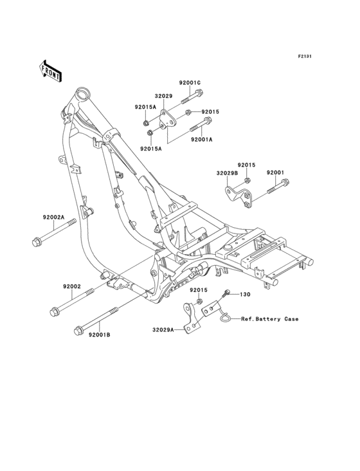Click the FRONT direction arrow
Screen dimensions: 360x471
[x=50, y=71]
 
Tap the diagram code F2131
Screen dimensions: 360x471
[x=305, y=56]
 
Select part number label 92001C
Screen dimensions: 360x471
[x=190, y=83]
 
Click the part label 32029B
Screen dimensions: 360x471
[x=227, y=173]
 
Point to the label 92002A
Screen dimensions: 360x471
[x=54, y=217]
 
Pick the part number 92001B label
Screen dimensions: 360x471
[x=99, y=335]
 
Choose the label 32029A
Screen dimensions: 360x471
[x=163, y=330]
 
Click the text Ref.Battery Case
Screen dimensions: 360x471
[x=270, y=319]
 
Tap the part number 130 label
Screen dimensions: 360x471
[x=245, y=295]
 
